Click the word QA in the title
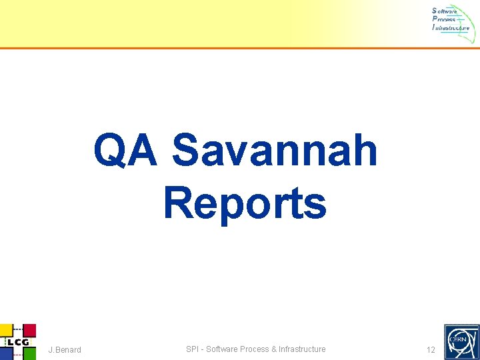[x=126, y=151]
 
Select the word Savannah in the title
[x=275, y=151]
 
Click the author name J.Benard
[x=65, y=350]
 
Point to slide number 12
[x=431, y=350]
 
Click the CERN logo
[x=461, y=341]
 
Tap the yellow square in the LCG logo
[x=5, y=329]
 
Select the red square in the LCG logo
[x=29, y=329]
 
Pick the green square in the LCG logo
[x=29, y=354]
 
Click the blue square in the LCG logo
[x=5, y=354]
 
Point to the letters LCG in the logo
[x=17, y=342]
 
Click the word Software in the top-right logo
[x=445, y=11]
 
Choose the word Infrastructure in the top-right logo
[x=451, y=28]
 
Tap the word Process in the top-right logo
[x=444, y=19]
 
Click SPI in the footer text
[x=193, y=349]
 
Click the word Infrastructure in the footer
[x=302, y=349]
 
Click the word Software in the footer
[x=222, y=349]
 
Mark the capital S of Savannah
[x=185, y=151]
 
